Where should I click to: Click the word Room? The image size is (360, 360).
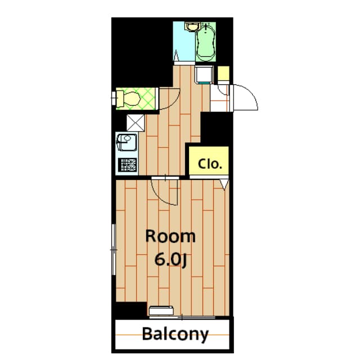point(170,236)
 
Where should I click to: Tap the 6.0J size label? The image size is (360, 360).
point(170,260)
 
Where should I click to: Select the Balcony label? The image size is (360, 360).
point(175,334)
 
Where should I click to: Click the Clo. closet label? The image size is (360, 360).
point(210,164)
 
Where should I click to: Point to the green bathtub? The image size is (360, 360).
point(206,42)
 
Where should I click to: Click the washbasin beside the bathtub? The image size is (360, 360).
point(192,26)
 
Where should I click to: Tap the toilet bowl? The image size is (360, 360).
point(129,99)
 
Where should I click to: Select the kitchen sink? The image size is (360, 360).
point(127,142)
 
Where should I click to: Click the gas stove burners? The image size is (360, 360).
point(128,165)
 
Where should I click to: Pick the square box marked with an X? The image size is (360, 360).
point(136,123)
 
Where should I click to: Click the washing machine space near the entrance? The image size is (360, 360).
point(204,75)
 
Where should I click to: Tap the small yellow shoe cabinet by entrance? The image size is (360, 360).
point(223,74)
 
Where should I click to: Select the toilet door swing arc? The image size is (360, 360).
point(174,102)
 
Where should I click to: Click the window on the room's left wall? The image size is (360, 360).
point(114,249)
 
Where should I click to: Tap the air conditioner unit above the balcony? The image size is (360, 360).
point(161,310)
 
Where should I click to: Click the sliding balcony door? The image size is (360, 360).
point(182,317)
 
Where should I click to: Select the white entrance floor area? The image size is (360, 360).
point(219,98)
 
